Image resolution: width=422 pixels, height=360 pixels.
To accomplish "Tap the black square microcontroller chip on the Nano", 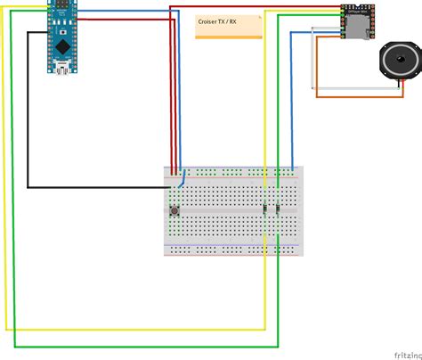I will point(61,44).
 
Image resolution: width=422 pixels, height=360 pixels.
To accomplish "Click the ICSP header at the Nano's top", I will point(61,6).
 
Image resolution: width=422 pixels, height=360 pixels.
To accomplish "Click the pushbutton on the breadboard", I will point(174,211).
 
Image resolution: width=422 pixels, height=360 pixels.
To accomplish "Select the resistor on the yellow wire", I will point(264,209).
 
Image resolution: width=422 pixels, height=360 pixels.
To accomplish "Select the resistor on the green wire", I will point(279,209).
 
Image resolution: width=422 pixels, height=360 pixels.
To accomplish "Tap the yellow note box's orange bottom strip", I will point(229,37).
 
